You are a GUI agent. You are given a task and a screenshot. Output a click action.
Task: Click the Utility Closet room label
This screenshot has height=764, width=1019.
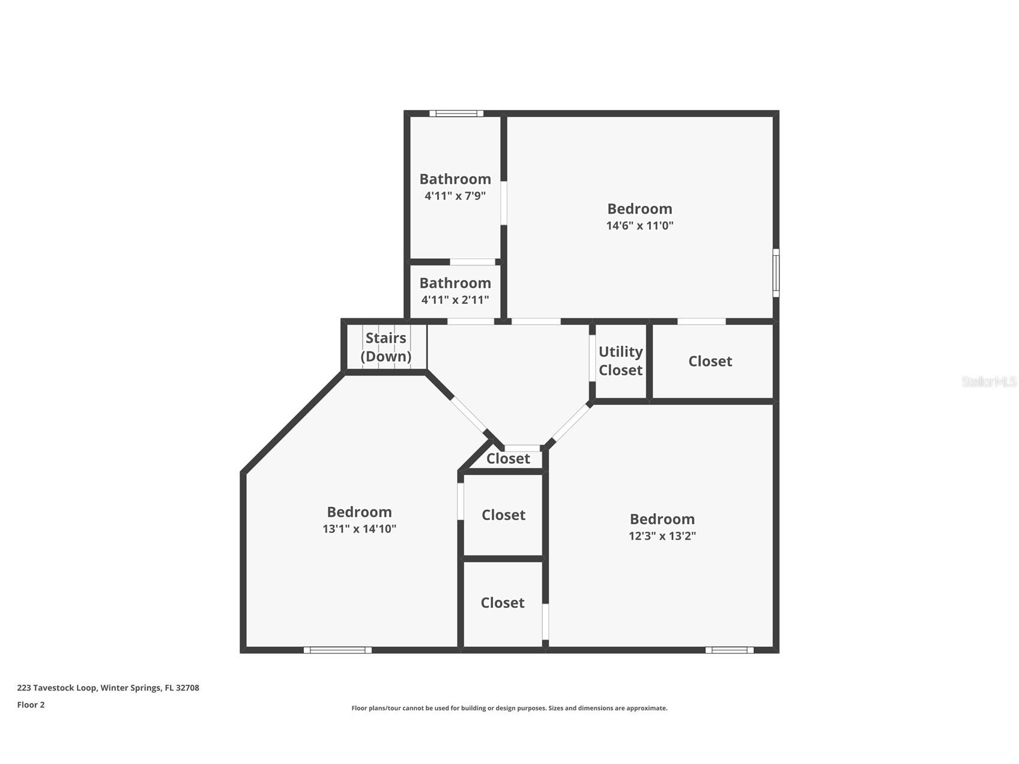pos(620,361)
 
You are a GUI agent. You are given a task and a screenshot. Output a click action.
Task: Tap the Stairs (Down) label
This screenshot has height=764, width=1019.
pos(386,347)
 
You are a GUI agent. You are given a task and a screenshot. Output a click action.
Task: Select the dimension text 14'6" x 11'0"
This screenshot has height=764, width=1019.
pos(640,226)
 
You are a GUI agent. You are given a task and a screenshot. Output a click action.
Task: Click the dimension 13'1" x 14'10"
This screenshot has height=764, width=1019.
pos(359,529)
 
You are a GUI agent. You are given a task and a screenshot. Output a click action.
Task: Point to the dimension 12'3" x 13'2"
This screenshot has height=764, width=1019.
pos(662,536)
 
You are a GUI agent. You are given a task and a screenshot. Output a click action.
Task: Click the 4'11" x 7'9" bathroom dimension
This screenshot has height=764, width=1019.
pos(455,196)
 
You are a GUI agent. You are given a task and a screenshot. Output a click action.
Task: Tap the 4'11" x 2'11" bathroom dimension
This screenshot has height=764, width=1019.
pos(455,300)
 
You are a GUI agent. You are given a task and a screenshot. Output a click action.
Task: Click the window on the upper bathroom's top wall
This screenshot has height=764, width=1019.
pos(456,114)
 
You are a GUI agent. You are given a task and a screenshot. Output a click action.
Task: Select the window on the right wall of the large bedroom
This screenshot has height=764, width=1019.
pos(776,273)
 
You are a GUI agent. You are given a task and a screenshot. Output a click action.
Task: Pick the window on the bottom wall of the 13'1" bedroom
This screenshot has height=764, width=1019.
pos(337,650)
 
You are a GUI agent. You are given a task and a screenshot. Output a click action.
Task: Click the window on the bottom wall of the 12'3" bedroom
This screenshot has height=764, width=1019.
pos(729,650)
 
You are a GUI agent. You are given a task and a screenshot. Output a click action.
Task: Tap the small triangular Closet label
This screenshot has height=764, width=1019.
pos(508,459)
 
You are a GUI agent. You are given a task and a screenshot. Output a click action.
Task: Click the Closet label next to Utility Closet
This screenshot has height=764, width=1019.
pos(710,362)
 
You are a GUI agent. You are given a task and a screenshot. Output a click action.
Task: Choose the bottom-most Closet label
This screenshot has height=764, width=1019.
pos(503,603)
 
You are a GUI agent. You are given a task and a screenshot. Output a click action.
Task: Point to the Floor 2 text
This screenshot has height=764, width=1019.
pos(31,705)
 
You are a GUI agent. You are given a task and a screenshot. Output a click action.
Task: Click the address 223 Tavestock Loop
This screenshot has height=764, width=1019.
pos(108,688)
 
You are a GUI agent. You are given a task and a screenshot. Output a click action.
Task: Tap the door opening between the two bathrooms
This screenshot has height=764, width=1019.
pos(473,262)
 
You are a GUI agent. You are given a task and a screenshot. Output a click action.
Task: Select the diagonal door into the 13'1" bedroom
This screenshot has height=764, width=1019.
pos(469,414)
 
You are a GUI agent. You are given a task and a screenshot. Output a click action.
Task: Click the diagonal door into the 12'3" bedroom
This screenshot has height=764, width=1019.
pos(569,423)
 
